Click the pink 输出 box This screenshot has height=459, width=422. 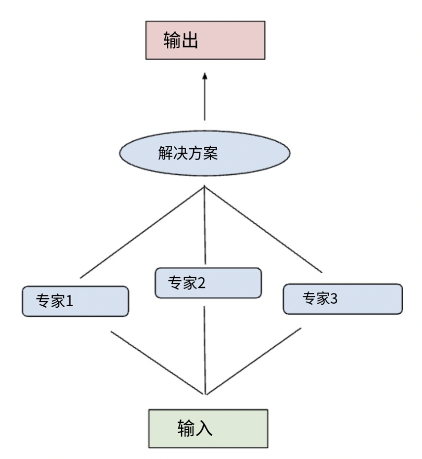(x=205, y=41)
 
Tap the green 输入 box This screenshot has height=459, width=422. (x=207, y=429)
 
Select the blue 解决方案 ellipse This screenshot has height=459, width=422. (x=204, y=153)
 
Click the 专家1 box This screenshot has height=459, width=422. (x=75, y=302)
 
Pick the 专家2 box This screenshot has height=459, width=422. (x=208, y=283)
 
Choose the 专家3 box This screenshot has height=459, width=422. (x=342, y=299)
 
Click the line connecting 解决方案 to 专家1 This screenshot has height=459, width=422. (x=142, y=232)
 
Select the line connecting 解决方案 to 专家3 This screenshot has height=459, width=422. (x=263, y=229)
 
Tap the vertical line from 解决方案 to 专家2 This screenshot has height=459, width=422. (x=205, y=228)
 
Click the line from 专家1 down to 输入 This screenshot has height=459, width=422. (x=158, y=362)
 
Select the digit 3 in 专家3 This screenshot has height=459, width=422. (x=333, y=298)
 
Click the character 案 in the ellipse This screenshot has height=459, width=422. (x=210, y=154)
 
